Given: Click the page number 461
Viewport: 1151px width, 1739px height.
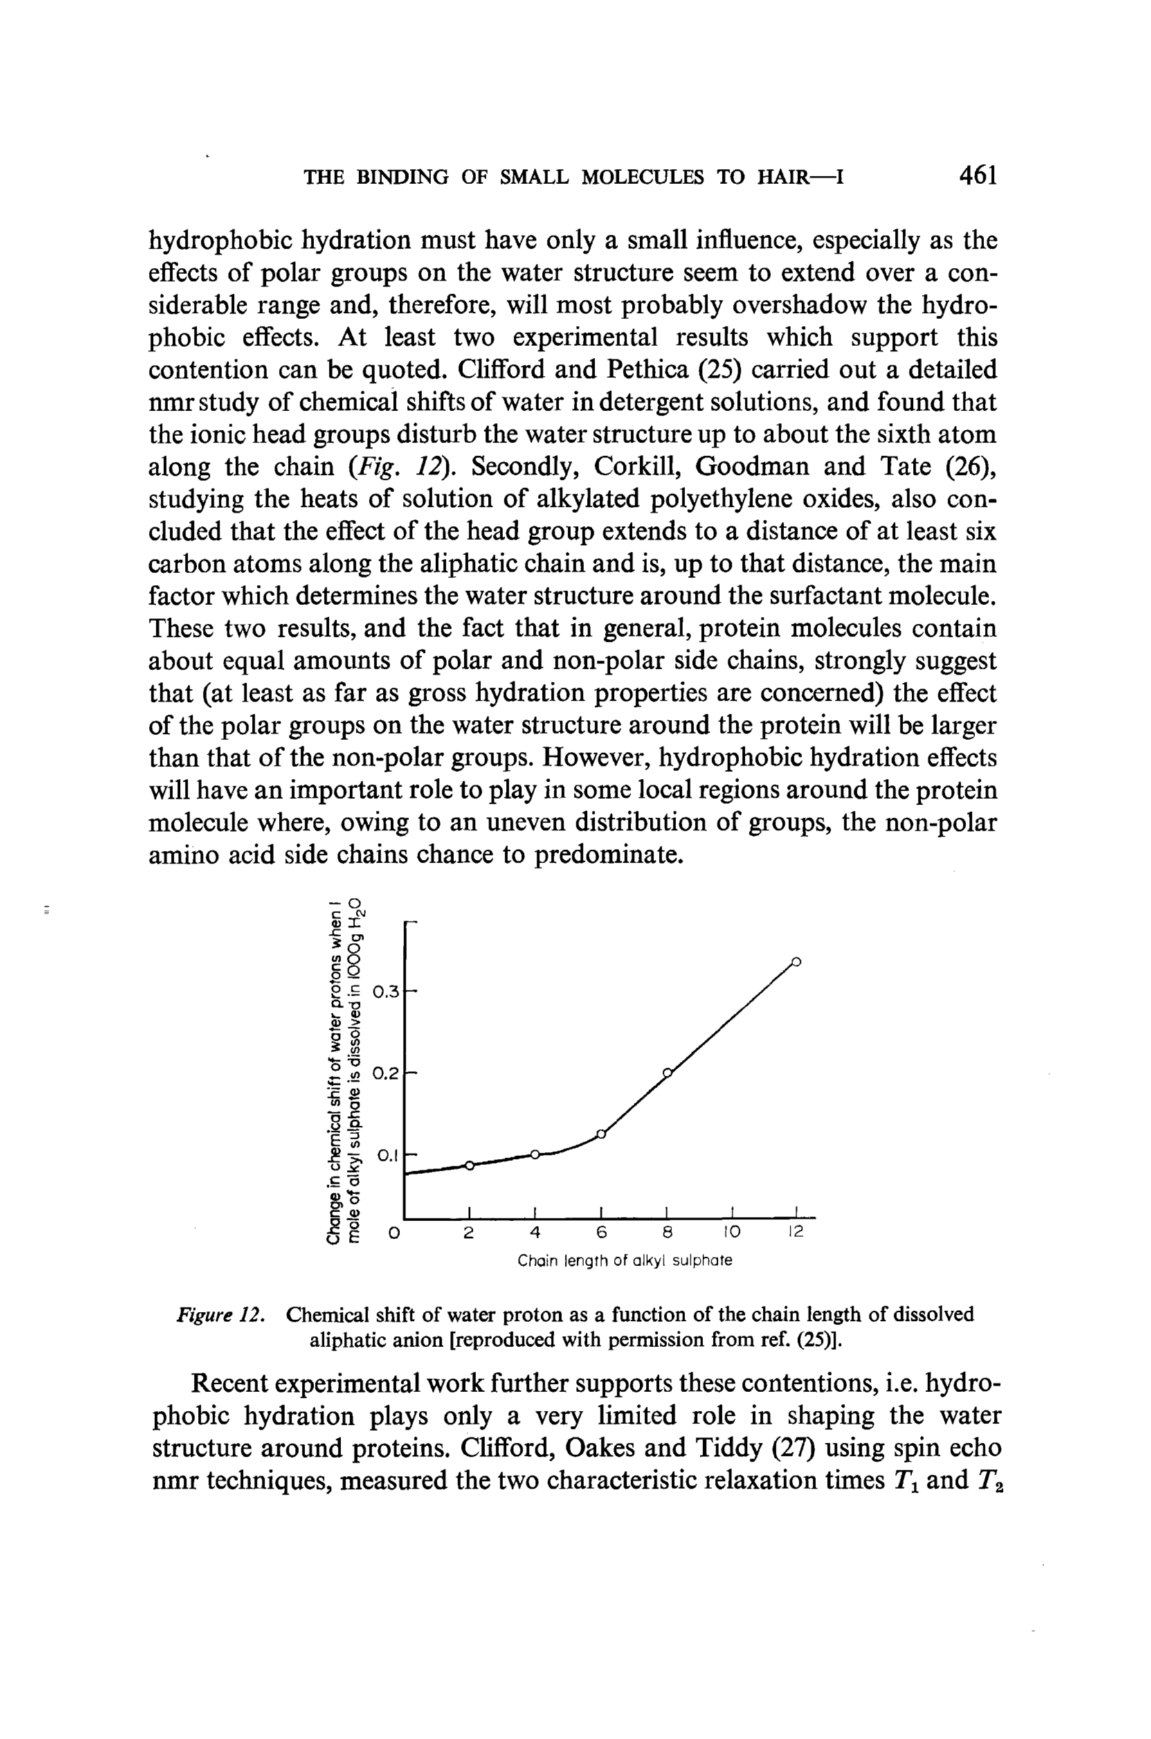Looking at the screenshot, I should click(977, 176).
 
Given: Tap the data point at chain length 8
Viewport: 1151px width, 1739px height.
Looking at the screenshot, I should click(667, 1072).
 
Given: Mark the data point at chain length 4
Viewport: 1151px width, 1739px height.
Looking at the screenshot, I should click(535, 1154).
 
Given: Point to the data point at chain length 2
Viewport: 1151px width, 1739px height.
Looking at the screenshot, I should click(470, 1165).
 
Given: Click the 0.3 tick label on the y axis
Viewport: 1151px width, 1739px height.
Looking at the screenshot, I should click(386, 993).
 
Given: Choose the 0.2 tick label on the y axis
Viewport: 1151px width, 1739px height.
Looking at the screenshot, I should click(386, 1074).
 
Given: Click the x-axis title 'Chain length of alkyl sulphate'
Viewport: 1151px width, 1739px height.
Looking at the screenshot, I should click(625, 1261).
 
